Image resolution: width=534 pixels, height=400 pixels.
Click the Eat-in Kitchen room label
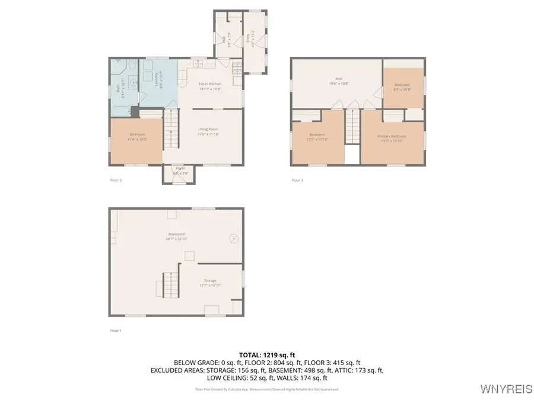209,84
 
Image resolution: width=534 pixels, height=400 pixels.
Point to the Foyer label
179,168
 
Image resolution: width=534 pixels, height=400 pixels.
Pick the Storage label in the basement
209,280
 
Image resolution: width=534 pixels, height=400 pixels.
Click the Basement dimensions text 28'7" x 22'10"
176,239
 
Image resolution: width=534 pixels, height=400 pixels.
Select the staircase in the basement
170,284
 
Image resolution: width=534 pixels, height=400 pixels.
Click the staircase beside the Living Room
171,130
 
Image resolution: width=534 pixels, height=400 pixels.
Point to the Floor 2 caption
116,180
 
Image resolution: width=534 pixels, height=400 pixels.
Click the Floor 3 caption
297,180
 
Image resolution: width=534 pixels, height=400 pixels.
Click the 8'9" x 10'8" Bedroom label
402,87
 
